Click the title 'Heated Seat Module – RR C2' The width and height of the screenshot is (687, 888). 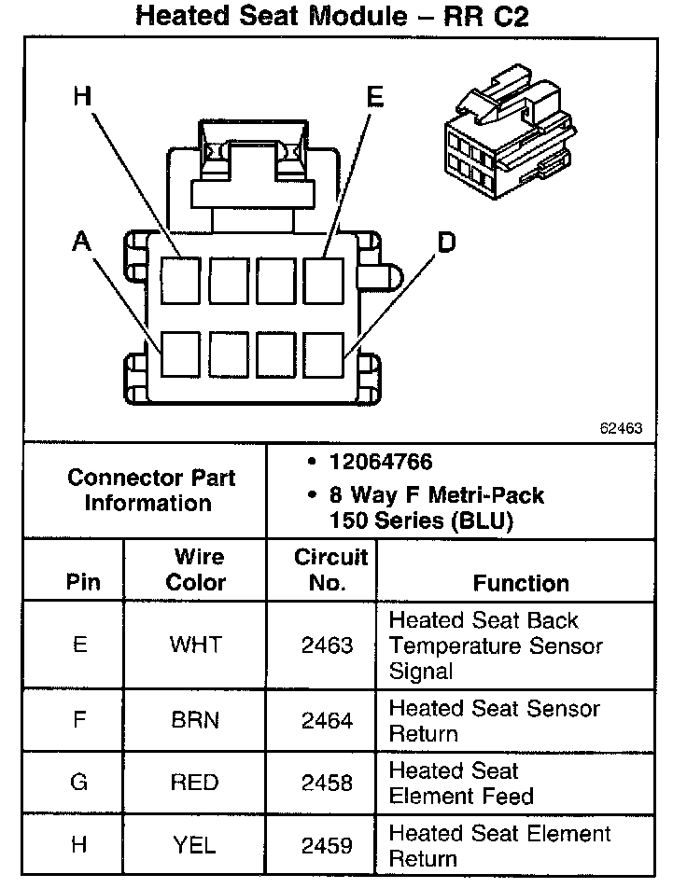pos(331,16)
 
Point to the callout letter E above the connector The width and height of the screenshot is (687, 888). pos(374,97)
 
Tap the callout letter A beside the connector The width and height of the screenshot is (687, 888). pos(82,243)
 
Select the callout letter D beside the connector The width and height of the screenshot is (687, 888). pos(446,243)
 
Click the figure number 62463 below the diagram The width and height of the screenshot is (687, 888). pos(621,429)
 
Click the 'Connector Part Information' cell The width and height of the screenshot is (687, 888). pos(150,490)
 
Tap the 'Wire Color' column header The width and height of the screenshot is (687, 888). pos(196,570)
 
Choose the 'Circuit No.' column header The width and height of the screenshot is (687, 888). pos(331,570)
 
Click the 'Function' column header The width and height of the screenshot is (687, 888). pos(521,583)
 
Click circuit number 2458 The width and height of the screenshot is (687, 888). pos(328,783)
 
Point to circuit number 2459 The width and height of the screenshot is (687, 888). pos(328,845)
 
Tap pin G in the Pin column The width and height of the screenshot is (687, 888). pos(79,783)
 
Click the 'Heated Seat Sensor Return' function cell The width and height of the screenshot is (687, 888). pos(495,721)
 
